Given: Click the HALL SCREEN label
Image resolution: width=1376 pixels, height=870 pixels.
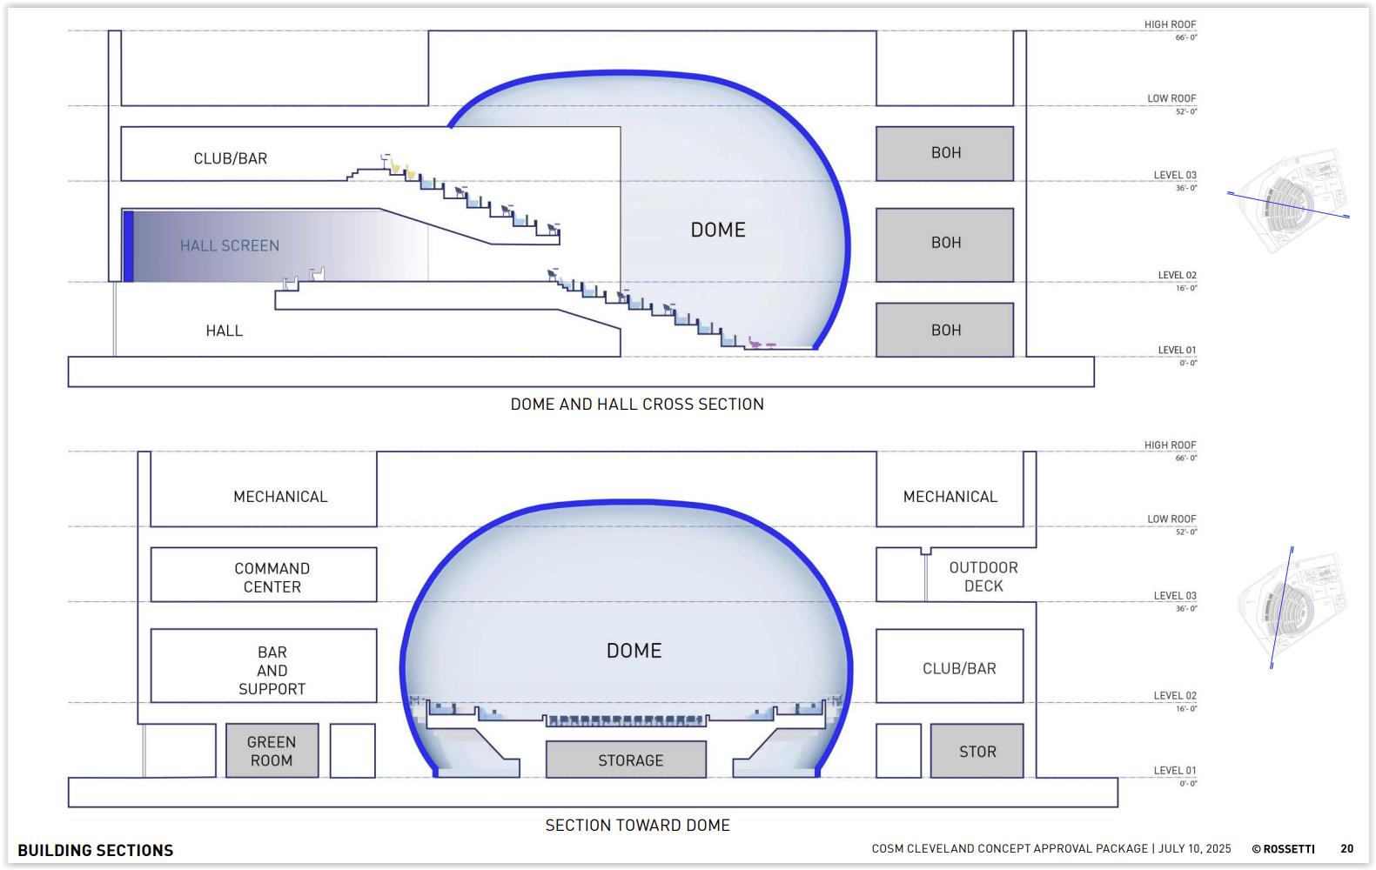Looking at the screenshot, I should (x=230, y=246).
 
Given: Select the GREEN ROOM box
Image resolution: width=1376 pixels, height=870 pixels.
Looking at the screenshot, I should (x=272, y=751).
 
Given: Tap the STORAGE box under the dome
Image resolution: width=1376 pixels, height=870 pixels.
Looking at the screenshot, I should (x=626, y=760).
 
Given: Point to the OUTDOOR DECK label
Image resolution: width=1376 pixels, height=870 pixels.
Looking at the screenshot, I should (x=983, y=577).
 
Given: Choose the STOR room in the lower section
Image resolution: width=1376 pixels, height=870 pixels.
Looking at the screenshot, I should (x=977, y=751).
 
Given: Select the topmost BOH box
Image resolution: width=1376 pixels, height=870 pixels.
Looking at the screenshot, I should (x=944, y=153).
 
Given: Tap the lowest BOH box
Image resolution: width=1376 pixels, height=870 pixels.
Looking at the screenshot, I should (x=944, y=330).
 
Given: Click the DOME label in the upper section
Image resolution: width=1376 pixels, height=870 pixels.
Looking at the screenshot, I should (x=718, y=230).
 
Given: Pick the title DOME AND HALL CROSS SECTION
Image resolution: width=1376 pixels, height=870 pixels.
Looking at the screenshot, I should (x=637, y=405).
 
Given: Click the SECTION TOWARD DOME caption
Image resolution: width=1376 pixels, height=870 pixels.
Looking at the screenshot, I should (x=637, y=826).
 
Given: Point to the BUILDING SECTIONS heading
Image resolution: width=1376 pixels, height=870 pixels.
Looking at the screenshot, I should (x=96, y=851).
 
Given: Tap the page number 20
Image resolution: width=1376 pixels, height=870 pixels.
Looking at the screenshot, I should (x=1346, y=849).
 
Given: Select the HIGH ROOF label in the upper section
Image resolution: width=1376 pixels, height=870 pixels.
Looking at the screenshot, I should (x=1170, y=25).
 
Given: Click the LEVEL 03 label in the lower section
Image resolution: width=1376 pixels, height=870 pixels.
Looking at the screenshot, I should (x=1175, y=596).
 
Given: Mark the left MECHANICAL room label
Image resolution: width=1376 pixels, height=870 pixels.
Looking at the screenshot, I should (x=280, y=497).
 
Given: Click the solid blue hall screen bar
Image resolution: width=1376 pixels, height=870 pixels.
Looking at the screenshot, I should (x=128, y=246).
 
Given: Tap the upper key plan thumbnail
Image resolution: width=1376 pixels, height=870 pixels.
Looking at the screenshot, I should (x=1289, y=202).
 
